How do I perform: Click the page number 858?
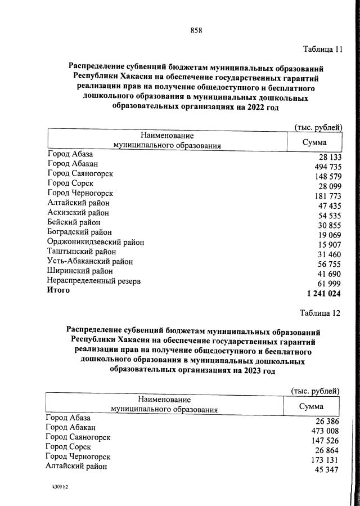tap(196, 30)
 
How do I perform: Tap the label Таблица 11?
tap(322, 49)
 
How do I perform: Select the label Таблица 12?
tap(320, 312)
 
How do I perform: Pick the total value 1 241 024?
tap(324, 293)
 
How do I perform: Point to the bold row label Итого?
tap(59, 290)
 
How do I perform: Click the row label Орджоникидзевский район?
tap(96, 242)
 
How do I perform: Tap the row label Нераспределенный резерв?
tap(93, 280)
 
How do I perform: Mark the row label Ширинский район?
tap(79, 271)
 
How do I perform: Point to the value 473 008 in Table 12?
tap(323, 431)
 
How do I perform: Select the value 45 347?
tap(326, 469)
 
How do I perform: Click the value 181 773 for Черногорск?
tap(326, 196)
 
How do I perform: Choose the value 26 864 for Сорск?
tap(326, 450)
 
